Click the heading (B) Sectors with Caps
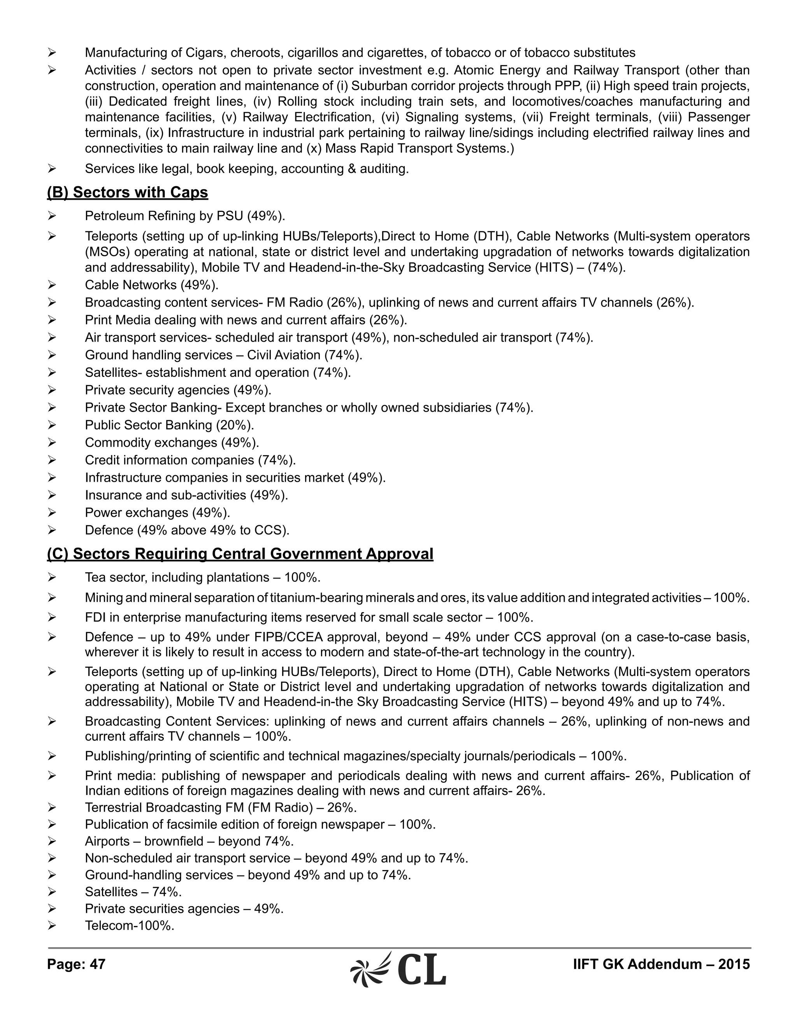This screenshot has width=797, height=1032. pyautogui.click(x=128, y=192)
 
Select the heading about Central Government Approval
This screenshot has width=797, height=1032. pyautogui.click(x=240, y=553)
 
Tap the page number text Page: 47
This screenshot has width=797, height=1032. pyautogui.click(x=76, y=964)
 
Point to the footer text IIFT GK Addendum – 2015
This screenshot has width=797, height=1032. pyautogui.click(x=661, y=964)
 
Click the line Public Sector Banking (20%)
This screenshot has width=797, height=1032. pyautogui.click(x=169, y=425)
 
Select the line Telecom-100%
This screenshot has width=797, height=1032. pyautogui.click(x=129, y=925)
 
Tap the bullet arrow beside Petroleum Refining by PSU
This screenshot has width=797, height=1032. pyautogui.click(x=52, y=216)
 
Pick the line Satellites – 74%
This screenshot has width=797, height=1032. pyautogui.click(x=133, y=892)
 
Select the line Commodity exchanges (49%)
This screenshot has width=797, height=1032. pyautogui.click(x=172, y=442)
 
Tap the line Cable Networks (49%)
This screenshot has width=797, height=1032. pyautogui.click(x=151, y=285)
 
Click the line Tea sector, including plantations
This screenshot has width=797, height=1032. pyautogui.click(x=202, y=578)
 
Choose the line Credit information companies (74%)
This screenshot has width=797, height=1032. pyautogui.click(x=190, y=460)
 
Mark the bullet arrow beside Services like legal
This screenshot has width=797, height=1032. pyautogui.click(x=52, y=169)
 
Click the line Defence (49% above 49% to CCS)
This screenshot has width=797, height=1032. pyautogui.click(x=187, y=530)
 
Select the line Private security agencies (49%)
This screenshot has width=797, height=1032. pyautogui.click(x=178, y=390)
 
